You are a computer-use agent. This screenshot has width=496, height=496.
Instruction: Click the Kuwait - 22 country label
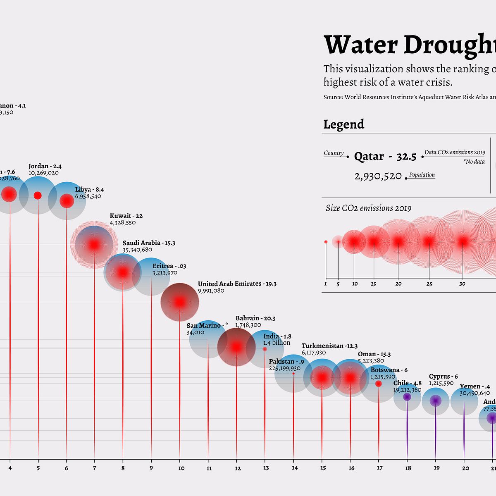126,216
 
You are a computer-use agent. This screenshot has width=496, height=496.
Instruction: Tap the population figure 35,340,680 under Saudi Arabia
137,250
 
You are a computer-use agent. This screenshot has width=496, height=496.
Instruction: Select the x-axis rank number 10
181,468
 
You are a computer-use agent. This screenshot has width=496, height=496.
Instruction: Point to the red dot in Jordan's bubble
38,196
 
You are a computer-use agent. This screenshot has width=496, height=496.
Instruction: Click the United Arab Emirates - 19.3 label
237,284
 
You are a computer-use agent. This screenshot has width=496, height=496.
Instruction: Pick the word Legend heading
343,124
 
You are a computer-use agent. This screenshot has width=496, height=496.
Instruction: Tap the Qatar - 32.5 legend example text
385,157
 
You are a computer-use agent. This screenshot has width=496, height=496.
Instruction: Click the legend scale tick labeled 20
398,284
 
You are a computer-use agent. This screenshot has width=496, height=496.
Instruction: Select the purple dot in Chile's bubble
407,397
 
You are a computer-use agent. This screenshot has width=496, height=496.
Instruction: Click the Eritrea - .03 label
169,266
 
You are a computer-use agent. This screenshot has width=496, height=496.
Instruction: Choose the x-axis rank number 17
379,468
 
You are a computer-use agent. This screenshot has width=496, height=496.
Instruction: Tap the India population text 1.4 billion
277,343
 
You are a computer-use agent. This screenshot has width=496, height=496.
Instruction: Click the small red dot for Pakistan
293,373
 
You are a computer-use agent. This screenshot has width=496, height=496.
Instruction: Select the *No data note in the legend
474,162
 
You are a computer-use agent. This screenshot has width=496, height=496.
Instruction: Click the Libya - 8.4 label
89,190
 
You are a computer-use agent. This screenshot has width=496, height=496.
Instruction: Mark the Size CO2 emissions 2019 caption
368,208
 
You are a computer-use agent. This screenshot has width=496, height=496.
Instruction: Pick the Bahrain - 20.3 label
255,318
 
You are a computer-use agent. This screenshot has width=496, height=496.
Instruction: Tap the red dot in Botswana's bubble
379,384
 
